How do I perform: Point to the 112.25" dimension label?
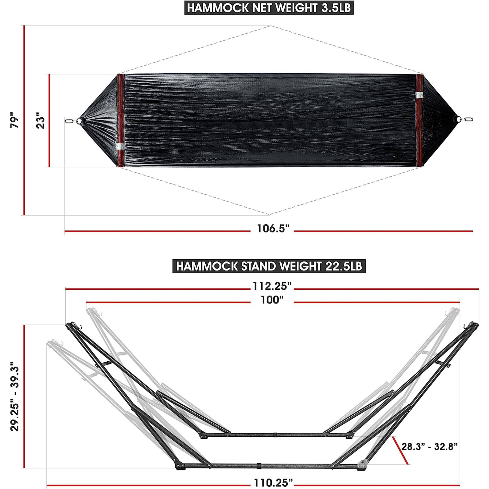pyautogui.click(x=272, y=287)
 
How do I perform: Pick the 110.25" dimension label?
pyautogui.click(x=272, y=483)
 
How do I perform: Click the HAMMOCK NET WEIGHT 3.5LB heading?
pyautogui.click(x=269, y=8)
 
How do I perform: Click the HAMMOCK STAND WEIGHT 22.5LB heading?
pyautogui.click(x=269, y=266)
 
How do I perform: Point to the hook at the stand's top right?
pyautogui.click(x=467, y=326)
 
